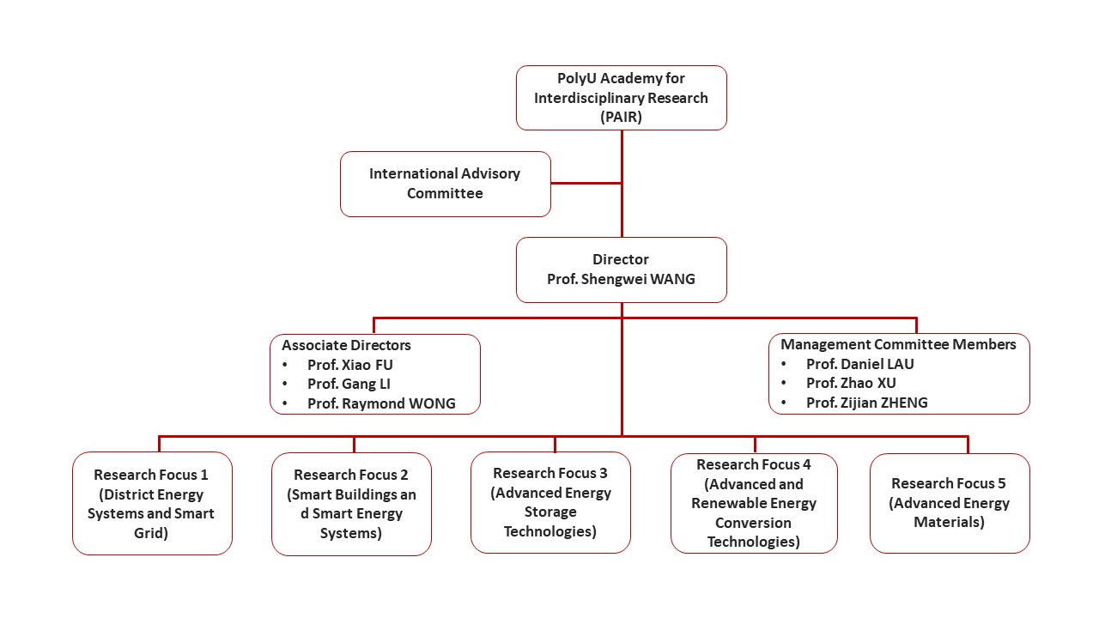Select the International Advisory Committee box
point(445,184)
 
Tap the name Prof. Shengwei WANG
point(621,279)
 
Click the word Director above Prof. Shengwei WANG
point(621,259)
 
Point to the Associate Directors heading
point(346,345)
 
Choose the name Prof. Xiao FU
point(349,365)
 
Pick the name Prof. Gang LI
point(349,384)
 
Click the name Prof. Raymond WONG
point(381,403)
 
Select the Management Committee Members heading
point(898,344)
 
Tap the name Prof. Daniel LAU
point(859,364)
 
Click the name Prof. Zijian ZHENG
point(866,403)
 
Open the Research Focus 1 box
point(152,503)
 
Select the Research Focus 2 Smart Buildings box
point(351,504)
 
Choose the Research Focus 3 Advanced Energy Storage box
point(550,502)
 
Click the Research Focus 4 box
point(754,503)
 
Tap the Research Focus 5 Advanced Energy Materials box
point(950,503)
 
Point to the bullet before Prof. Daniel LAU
point(783,364)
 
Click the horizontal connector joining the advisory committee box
point(586,183)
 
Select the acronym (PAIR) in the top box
point(621,118)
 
